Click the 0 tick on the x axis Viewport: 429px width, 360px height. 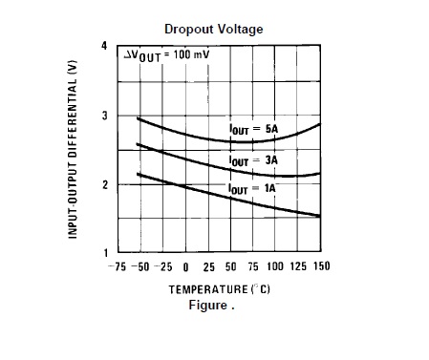click(x=185, y=266)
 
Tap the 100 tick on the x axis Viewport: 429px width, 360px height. click(x=276, y=266)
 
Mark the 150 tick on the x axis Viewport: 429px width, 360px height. click(x=321, y=266)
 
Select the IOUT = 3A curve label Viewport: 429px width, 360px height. click(x=250, y=160)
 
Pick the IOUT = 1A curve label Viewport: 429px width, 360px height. click(x=251, y=189)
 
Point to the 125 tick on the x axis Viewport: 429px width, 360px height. click(x=299, y=266)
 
